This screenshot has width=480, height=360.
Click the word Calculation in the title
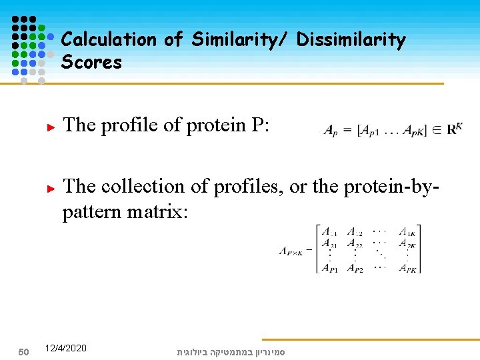(x=109, y=40)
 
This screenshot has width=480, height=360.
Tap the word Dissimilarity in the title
(x=351, y=40)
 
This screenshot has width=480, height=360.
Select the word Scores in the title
(x=91, y=63)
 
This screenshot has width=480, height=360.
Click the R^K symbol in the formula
(x=455, y=129)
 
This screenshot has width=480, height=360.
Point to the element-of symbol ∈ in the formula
(x=436, y=130)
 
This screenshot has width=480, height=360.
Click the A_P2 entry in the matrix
(x=355, y=268)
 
